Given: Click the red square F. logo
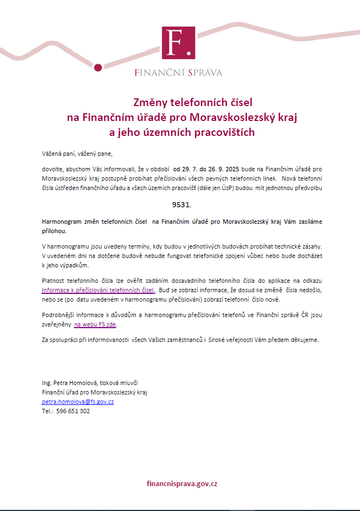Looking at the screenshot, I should (x=178, y=43).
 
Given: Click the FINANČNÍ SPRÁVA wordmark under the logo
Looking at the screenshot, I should (x=178, y=72).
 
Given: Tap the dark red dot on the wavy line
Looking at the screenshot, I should (x=98, y=67).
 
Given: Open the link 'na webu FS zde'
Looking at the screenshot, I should (x=95, y=325).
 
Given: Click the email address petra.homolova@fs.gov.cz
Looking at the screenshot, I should (x=78, y=402).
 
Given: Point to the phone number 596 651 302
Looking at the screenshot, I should (x=73, y=411).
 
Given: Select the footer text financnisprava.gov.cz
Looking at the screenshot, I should (x=182, y=483).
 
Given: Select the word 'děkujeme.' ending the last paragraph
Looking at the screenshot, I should (x=306, y=340).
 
